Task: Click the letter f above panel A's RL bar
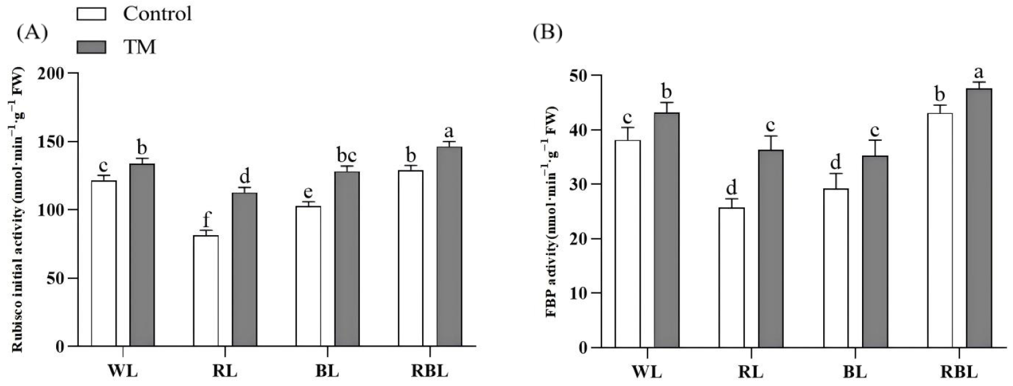click(x=205, y=218)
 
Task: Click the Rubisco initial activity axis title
click(x=18, y=210)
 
